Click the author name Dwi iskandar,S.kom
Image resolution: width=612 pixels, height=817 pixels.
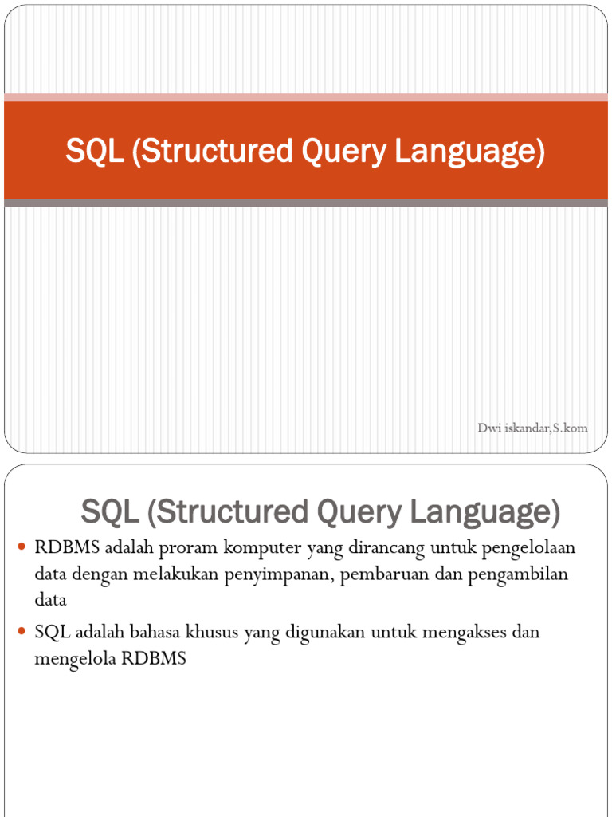(x=532, y=428)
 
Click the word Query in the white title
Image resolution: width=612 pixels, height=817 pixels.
(x=335, y=151)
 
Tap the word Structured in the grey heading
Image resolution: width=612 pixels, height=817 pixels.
(x=231, y=512)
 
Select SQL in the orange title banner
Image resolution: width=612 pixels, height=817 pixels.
(x=94, y=151)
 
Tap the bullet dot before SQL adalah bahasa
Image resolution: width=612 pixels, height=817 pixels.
(x=22, y=631)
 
